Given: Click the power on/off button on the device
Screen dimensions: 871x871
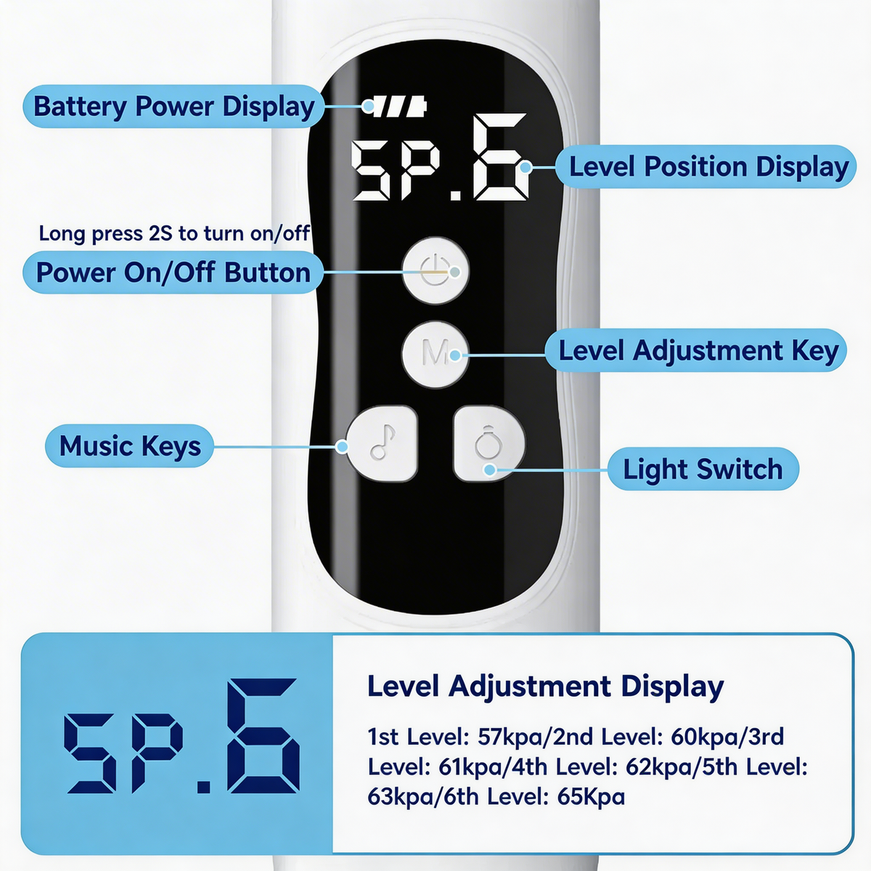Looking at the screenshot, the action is (435, 270).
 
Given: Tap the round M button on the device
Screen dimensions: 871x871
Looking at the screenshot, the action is (435, 354).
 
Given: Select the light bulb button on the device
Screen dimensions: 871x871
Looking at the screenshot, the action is (489, 443).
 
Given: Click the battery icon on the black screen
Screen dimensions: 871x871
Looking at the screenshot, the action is (398, 107).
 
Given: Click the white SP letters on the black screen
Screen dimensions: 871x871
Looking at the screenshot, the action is (396, 171).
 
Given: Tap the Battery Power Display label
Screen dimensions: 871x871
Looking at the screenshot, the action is (173, 107).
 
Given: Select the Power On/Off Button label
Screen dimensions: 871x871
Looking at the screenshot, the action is (173, 273).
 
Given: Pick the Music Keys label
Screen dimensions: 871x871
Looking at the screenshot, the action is (130, 446).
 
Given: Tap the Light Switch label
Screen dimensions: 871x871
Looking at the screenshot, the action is (703, 469).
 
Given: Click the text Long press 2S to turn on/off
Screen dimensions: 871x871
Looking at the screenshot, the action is (174, 233).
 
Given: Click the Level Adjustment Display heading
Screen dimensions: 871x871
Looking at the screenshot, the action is (546, 687).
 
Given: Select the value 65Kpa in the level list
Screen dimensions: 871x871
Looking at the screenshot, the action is (591, 796).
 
